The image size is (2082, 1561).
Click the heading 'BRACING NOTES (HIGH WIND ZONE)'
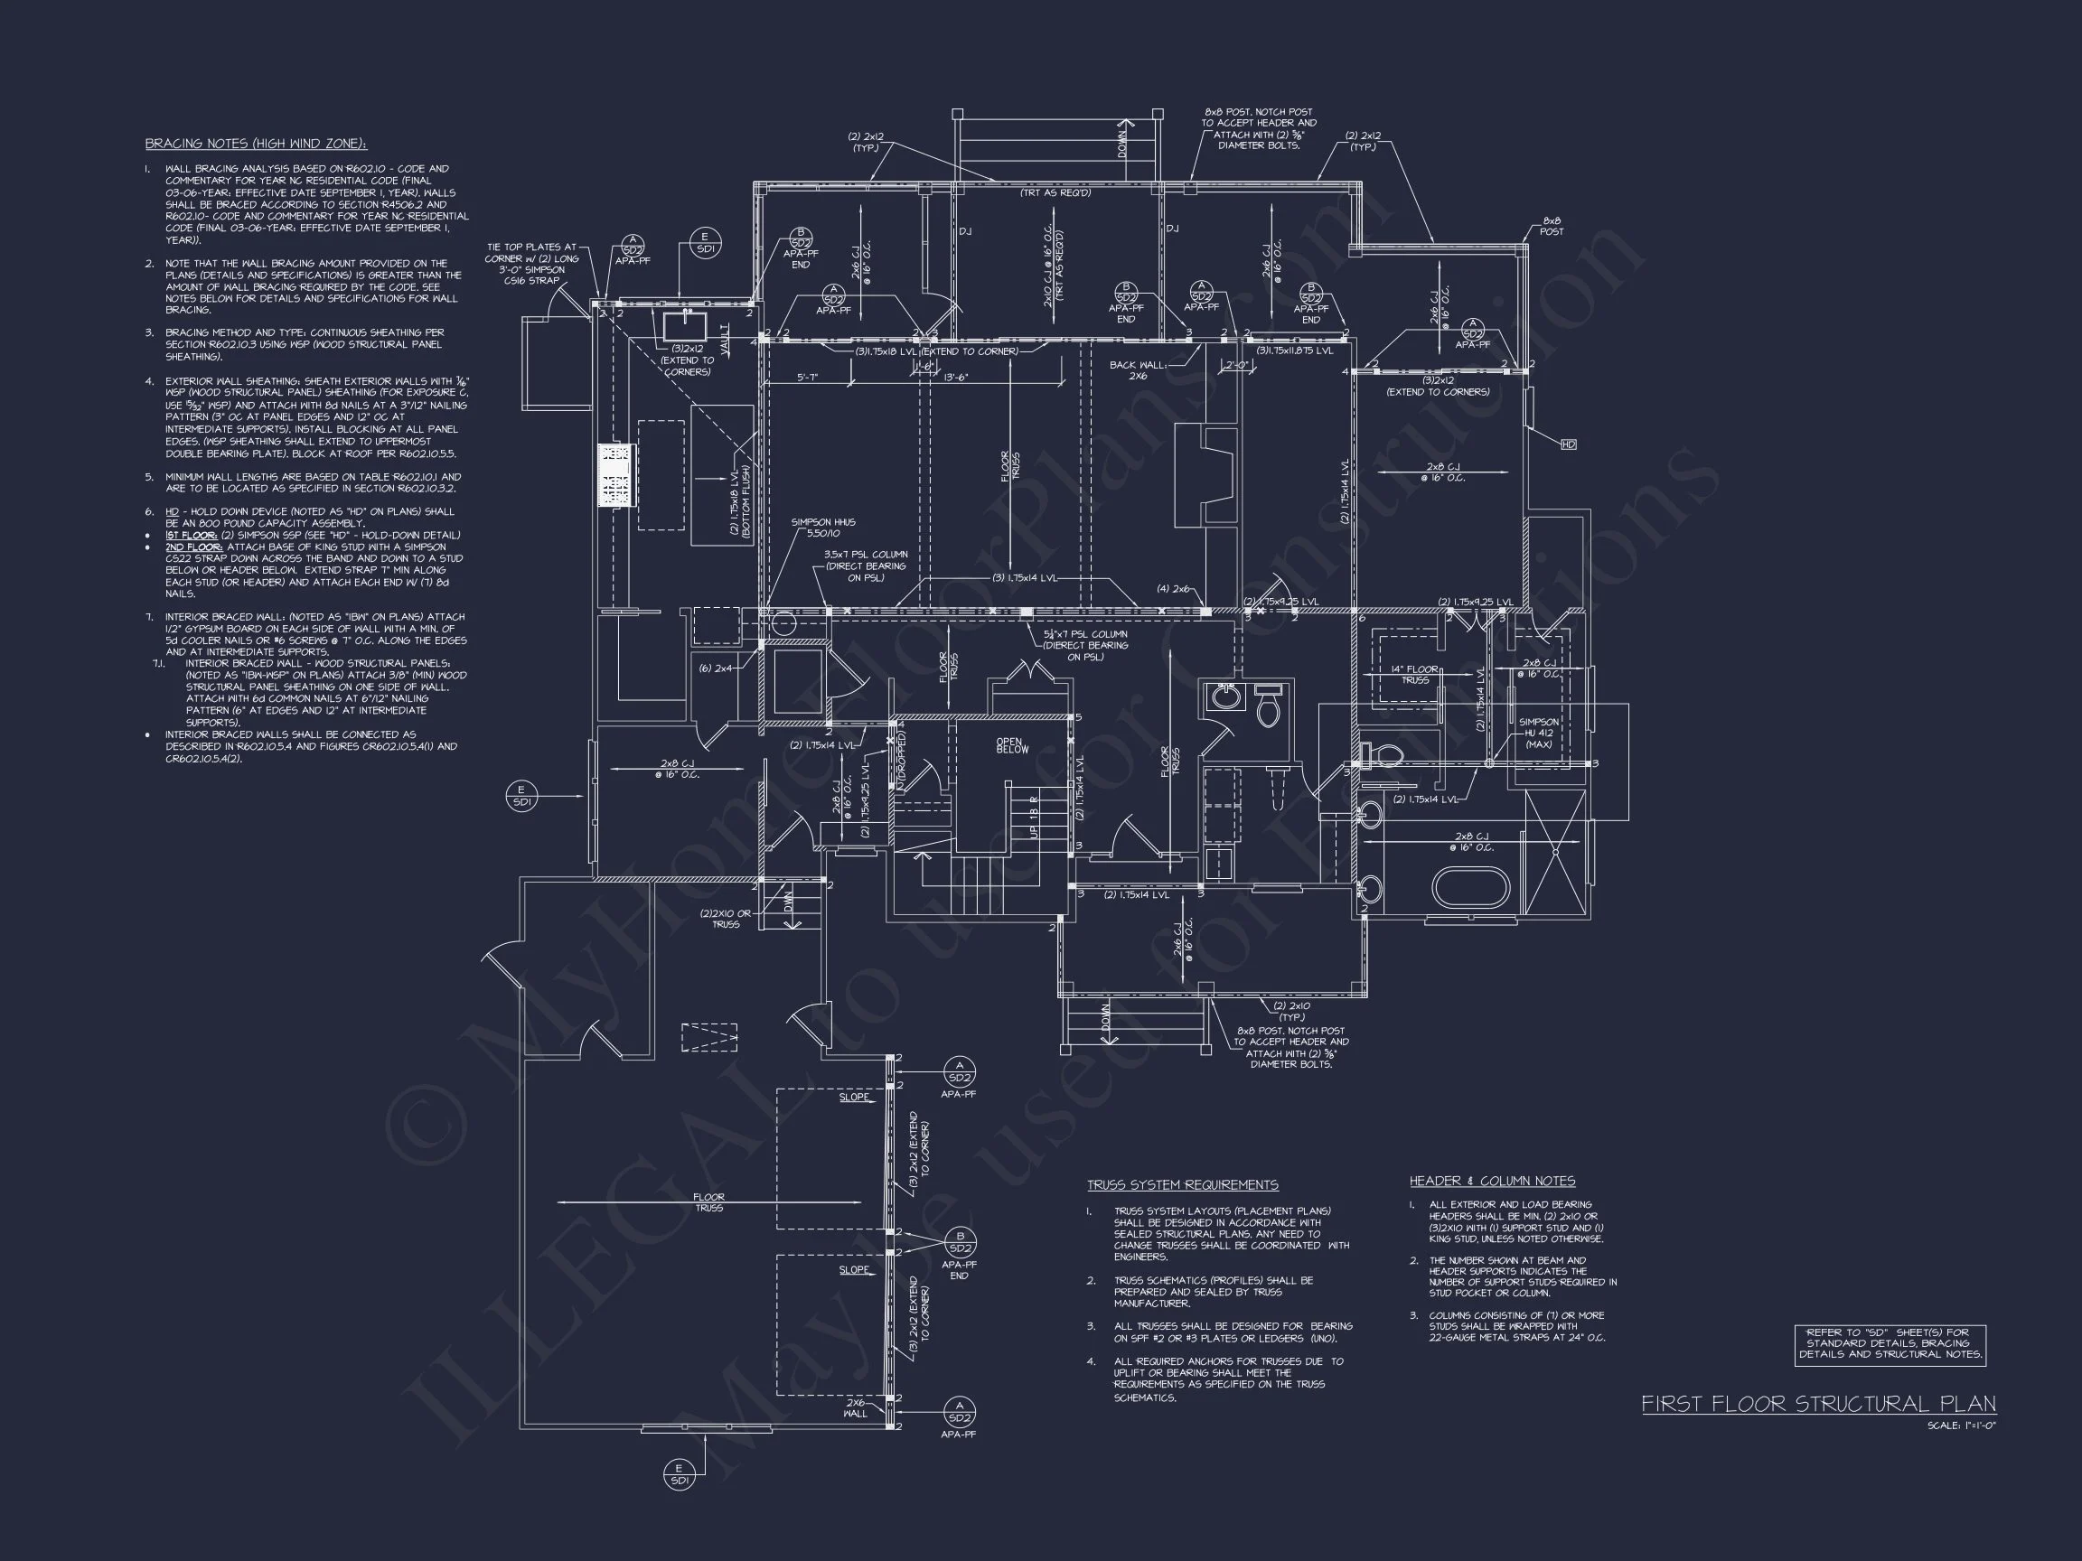click(x=256, y=144)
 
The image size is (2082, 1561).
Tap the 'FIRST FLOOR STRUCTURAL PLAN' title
click(x=1818, y=1404)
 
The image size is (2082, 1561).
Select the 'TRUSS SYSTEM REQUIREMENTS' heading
click(x=1182, y=1184)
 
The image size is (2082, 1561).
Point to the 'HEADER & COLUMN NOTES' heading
click(x=1491, y=1181)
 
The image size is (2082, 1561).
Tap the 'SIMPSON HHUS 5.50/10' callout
click(x=822, y=528)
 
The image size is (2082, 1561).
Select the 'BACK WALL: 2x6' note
click(x=1137, y=369)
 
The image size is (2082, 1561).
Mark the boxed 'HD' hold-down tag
click(x=1568, y=444)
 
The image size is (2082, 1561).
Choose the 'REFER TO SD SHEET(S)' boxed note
click(x=1890, y=1343)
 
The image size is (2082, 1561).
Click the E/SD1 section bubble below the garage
click(x=679, y=1474)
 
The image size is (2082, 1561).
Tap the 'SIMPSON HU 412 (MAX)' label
click(x=1538, y=733)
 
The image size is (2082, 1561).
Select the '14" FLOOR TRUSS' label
click(x=1415, y=675)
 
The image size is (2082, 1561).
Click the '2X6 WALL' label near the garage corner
click(x=856, y=1407)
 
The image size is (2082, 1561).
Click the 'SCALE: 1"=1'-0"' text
click(x=1962, y=1425)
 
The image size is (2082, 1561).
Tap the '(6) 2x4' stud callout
click(x=716, y=668)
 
